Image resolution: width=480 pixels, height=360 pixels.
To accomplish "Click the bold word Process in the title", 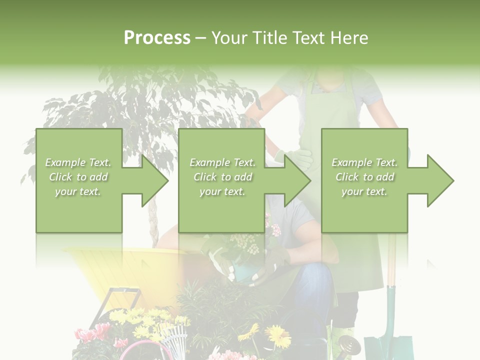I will pos(157,38).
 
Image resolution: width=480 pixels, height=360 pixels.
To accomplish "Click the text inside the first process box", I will pos(78,177).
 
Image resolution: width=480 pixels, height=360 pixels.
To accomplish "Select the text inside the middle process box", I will pos(222,177).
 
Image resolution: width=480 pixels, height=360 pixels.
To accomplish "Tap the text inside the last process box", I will pos(364,177).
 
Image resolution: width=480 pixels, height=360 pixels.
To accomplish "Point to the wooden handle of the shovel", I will pos(391,265).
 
